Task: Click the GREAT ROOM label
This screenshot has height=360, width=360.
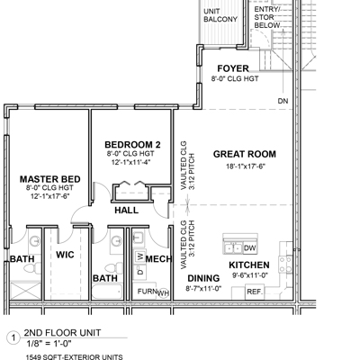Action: pos(245,154)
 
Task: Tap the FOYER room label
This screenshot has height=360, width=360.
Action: pos(233,68)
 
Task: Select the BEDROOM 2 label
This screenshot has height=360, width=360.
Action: pos(132,145)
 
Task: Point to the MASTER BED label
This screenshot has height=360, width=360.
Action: pos(50,179)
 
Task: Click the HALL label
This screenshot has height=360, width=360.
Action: pos(127,211)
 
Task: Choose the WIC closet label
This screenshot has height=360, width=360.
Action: pos(65,255)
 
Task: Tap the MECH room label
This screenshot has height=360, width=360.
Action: pos(158,258)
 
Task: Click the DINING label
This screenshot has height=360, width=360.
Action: pos(203,278)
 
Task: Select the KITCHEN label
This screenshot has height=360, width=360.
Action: pos(249,265)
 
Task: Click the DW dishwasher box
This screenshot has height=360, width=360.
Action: pos(250,248)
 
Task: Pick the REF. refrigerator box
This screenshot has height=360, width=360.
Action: pos(255,292)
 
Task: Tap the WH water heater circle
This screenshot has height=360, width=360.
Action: pos(163,293)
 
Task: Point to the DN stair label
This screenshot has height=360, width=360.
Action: pos(283,101)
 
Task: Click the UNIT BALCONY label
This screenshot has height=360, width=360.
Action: pos(220,15)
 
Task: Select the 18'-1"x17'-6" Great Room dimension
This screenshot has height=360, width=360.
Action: pos(246,166)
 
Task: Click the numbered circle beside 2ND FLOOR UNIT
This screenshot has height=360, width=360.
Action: pos(13,338)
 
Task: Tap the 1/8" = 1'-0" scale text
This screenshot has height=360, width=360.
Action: pos(49,344)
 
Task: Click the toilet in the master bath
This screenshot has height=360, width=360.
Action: pos(32,267)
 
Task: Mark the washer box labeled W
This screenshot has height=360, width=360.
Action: pos(139,256)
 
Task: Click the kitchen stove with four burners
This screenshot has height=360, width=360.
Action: pos(285,265)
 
